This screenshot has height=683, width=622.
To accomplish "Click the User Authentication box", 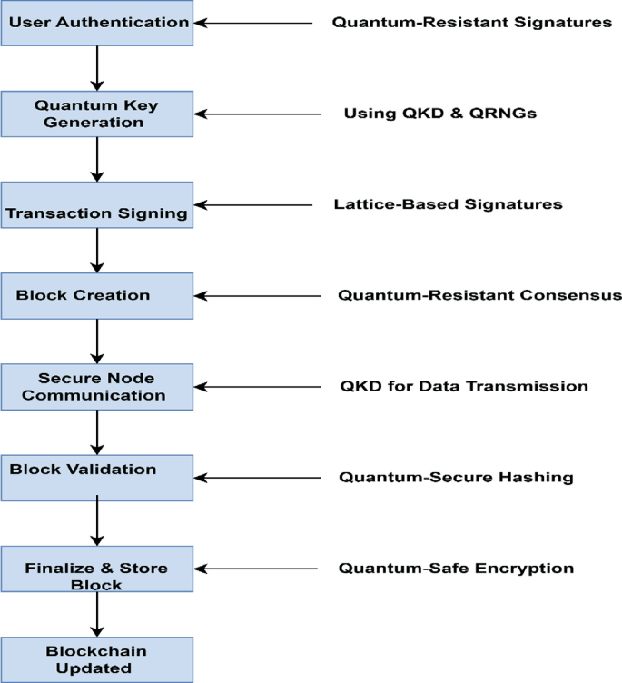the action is coord(96,23).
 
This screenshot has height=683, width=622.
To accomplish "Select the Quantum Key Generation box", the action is coord(96,114).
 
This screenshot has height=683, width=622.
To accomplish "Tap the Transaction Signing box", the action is coord(96,205).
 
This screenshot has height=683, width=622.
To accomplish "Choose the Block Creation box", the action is coord(96,296).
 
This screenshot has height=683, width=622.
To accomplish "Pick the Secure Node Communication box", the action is coord(96,387).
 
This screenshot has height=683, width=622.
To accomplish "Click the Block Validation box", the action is coord(96,479).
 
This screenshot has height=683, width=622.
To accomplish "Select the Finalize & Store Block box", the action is coord(96,569).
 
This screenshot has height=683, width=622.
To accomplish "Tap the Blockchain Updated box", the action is coord(96,660).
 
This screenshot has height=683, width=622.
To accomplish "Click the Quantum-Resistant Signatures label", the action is coord(472,22).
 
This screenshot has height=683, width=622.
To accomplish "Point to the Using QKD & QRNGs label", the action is coord(439,114).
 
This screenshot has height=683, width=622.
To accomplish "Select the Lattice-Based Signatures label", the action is coord(448,204).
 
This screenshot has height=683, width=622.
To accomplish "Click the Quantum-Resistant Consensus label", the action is coord(479,295).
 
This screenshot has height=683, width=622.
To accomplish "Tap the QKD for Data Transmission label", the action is coord(464,386).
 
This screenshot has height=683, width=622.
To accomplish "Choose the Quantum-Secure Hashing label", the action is coord(456,478).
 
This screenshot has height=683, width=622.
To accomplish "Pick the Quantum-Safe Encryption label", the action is coord(456,569).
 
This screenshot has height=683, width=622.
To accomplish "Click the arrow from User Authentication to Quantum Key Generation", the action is coord(97,68).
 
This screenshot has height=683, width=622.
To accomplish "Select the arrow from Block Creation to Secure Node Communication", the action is coord(97,341).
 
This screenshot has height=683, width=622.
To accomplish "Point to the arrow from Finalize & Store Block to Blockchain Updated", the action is coord(97,615).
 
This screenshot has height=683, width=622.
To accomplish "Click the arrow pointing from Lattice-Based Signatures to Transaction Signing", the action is coord(253,205).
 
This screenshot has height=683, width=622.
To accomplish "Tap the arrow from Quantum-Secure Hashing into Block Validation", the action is coord(257,479).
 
